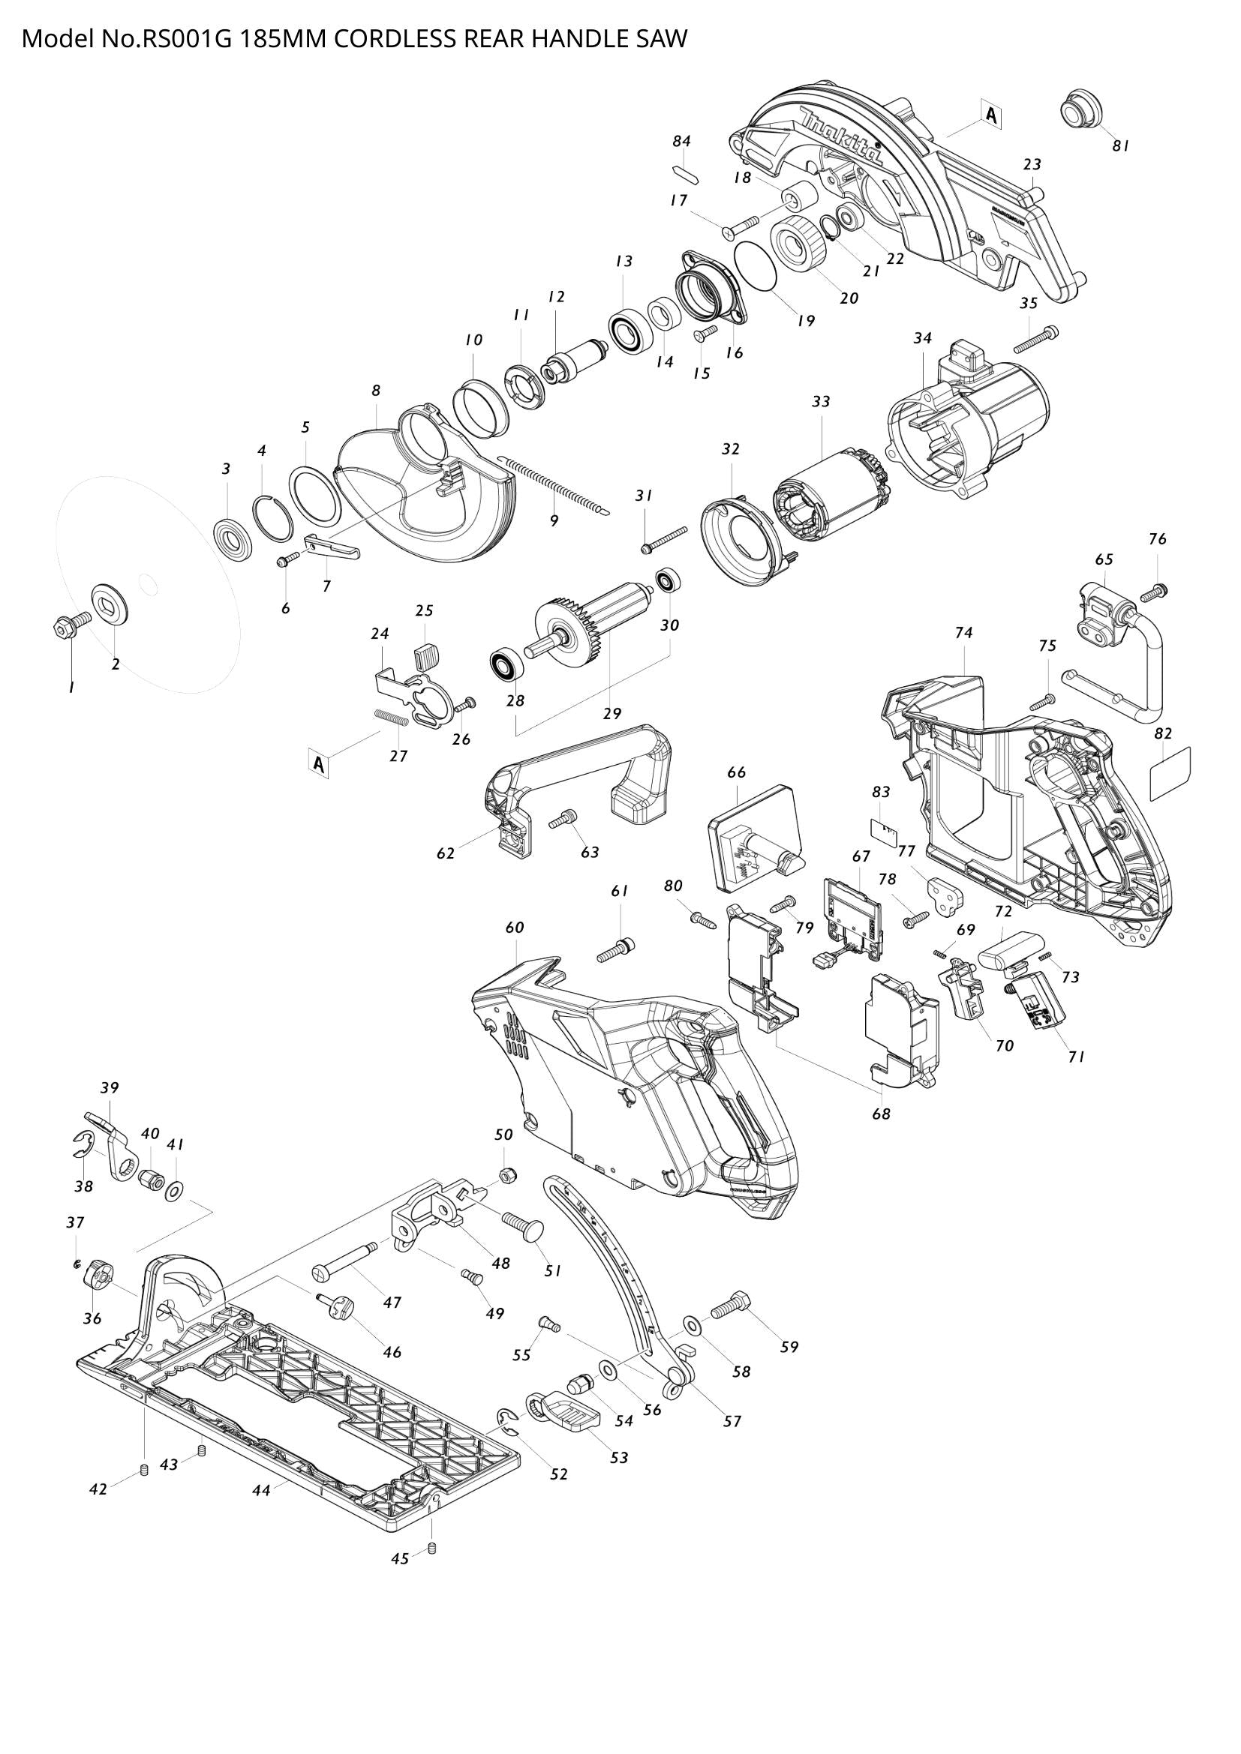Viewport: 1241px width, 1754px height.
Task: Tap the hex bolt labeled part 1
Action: click(x=66, y=628)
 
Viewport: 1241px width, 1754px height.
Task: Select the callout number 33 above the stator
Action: click(x=821, y=402)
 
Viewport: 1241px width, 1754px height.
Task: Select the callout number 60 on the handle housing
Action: click(x=515, y=928)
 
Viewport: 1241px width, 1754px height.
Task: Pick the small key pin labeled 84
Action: click(x=682, y=173)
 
